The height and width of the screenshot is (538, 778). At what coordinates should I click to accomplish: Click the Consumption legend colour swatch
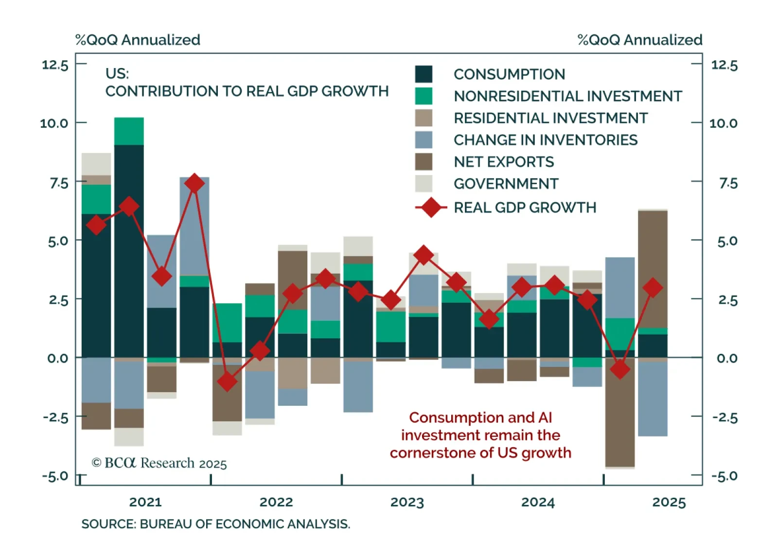[424, 74]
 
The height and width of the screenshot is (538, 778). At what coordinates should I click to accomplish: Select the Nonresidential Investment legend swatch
[424, 96]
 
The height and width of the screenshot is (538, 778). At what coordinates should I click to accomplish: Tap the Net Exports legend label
[504, 162]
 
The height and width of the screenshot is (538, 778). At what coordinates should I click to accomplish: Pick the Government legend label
[506, 184]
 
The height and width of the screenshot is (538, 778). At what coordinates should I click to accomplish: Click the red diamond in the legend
[431, 208]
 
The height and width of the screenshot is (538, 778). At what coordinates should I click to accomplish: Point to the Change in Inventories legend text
[545, 140]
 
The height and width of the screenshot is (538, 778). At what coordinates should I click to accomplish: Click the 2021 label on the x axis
[145, 502]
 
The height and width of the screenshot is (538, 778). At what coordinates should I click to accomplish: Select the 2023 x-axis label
[407, 502]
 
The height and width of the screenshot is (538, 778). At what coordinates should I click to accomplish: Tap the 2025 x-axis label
[669, 502]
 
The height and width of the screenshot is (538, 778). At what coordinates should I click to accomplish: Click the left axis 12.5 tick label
[55, 65]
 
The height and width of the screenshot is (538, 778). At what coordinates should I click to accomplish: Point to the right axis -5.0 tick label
[725, 476]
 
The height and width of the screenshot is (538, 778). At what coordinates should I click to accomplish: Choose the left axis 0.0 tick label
[58, 358]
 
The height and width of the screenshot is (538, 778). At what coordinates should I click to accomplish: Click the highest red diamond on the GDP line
[194, 184]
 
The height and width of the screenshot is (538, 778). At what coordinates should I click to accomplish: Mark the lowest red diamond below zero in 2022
[227, 382]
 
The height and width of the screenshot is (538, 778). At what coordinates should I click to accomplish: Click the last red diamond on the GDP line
[653, 288]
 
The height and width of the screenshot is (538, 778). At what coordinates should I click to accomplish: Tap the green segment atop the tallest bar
[129, 131]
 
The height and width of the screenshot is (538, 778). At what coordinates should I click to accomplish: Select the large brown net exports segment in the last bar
[653, 270]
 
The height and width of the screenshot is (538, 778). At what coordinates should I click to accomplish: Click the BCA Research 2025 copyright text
[159, 463]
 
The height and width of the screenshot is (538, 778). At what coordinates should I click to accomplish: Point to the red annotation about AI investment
[480, 435]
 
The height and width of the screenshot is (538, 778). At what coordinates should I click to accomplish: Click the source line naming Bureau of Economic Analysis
[215, 524]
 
